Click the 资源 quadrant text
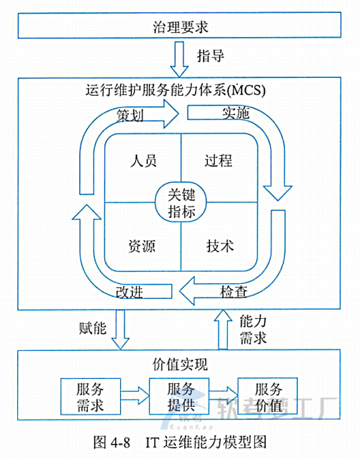(142, 246)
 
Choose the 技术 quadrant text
(219, 246)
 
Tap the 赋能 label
(92, 329)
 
